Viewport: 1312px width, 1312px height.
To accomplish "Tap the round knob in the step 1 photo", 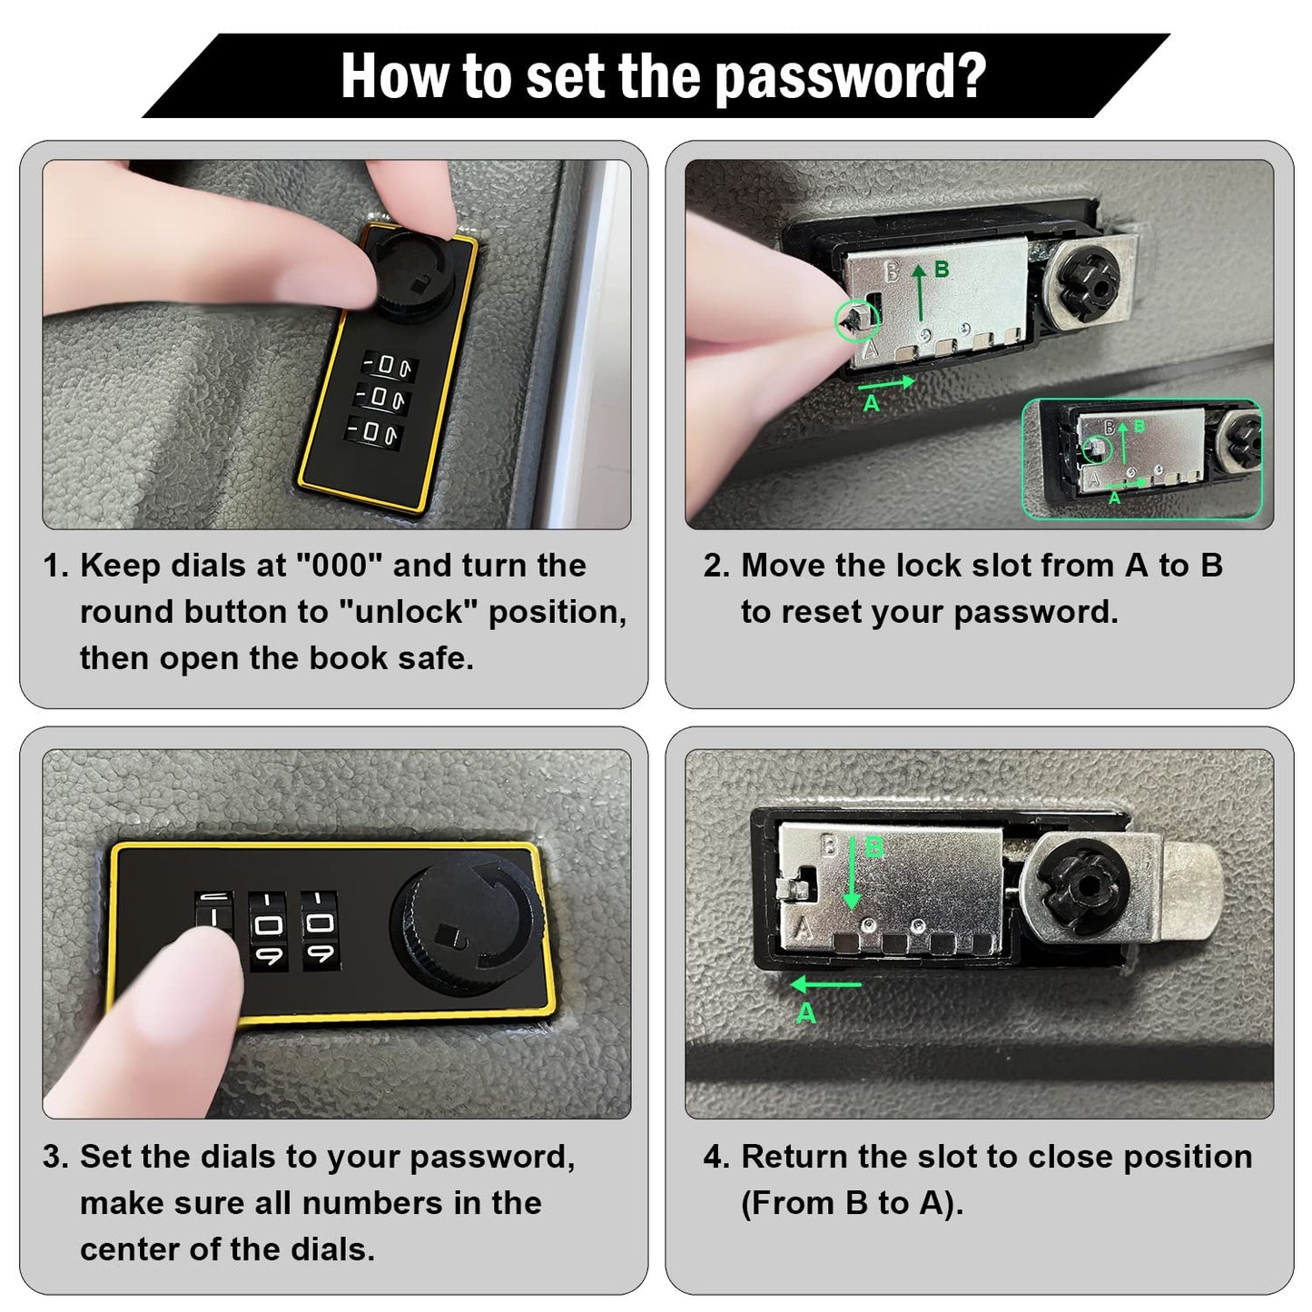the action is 412,273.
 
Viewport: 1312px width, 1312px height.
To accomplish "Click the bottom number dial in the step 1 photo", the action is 373,431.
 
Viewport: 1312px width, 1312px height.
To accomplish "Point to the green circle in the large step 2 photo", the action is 856,320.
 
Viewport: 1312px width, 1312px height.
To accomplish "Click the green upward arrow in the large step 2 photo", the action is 919,292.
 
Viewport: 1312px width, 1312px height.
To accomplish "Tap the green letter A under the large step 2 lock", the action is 871,404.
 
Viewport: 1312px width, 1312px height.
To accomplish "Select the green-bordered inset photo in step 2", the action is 1141,459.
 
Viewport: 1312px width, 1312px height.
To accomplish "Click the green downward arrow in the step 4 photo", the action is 852,874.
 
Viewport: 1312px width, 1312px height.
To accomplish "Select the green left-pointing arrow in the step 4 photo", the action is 825,984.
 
